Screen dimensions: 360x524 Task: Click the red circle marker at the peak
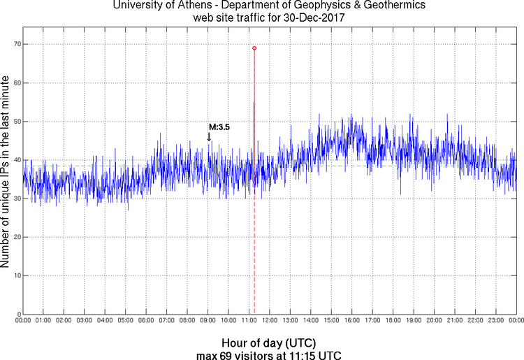tap(254, 48)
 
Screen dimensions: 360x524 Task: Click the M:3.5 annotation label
tap(219, 127)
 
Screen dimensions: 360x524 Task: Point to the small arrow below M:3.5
tap(209, 137)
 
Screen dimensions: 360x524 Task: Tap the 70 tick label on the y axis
tap(14, 44)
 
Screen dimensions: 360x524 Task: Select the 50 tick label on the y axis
tap(14, 122)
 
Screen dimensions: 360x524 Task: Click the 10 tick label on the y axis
tap(14, 275)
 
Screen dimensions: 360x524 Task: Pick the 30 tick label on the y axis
tap(14, 199)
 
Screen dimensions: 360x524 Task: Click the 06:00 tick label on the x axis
tap(146, 321)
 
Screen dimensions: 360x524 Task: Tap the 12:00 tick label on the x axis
tap(270, 321)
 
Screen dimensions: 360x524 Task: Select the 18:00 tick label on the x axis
tap(393, 321)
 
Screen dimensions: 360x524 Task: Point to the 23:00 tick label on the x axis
tap(496, 321)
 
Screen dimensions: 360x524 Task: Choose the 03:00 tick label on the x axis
tap(85, 321)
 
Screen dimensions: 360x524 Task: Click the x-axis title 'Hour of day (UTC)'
tap(269, 343)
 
